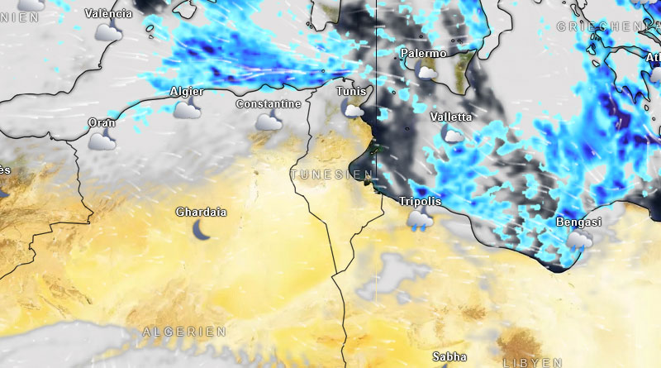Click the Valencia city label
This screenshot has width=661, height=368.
pos(108,14)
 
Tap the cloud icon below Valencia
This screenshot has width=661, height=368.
pos(108,32)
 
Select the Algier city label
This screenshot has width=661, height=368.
pos(186,92)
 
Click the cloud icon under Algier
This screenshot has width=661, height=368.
pos(187,109)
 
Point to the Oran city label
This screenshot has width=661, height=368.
pos(102,123)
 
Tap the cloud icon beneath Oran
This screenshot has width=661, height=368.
pos(102,141)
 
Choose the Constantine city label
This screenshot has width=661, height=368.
pos(268,104)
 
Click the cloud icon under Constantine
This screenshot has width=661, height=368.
pos(268,122)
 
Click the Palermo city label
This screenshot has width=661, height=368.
pos(423,54)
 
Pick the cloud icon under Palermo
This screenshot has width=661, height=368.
pos(427,72)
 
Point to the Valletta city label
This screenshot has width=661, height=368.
pos(451,117)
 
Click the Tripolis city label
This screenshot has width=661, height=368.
pos(420,202)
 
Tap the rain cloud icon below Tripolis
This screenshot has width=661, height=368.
pos(420,220)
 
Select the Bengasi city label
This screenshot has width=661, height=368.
pos(578,222)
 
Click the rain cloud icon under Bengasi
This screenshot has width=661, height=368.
pos(578,241)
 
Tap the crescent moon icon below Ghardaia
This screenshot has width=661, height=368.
pos(201,231)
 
